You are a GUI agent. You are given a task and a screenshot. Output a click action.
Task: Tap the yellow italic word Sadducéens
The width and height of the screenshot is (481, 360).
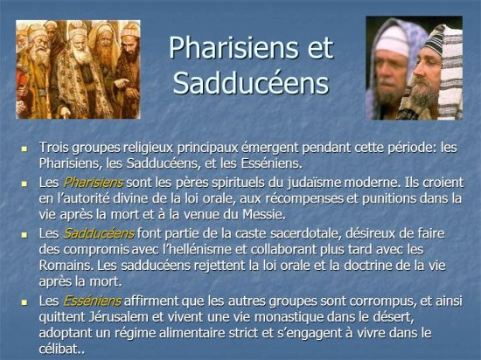[x=98, y=233]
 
